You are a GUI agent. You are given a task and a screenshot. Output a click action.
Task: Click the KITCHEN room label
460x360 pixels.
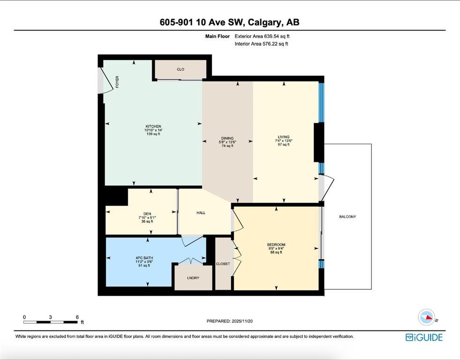tap(153, 127)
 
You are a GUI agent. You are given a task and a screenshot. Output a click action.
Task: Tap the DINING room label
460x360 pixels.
tap(227, 138)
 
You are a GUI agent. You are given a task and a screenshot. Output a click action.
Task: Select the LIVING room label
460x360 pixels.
tap(284, 137)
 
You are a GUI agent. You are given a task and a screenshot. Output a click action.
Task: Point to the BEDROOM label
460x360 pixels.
tap(276, 245)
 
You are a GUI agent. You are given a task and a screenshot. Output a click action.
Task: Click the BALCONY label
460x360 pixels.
tap(347, 217)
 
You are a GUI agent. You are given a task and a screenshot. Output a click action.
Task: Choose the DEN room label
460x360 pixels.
tap(147, 214)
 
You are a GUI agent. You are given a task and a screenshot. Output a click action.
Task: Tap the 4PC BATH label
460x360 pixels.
tap(144, 258)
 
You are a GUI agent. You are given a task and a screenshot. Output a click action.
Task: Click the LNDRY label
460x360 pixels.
tap(193, 278)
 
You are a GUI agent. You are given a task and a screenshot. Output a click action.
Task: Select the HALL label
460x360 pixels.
tap(201, 213)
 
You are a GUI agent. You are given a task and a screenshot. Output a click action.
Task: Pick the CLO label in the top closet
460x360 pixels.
tap(181, 69)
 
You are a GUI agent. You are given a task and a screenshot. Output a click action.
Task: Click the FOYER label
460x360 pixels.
tap(117, 82)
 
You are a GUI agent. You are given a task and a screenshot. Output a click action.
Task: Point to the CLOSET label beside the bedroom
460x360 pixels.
tap(223, 264)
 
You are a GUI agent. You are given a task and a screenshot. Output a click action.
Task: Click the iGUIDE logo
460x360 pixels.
tap(424, 337)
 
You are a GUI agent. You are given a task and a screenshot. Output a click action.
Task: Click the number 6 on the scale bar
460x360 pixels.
tap(77, 317)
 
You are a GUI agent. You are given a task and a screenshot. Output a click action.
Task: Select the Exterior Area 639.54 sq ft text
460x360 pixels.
tap(262, 37)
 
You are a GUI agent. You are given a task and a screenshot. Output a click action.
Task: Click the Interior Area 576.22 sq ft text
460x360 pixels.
tap(261, 44)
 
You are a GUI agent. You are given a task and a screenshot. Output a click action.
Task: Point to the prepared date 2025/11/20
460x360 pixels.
tap(242, 321)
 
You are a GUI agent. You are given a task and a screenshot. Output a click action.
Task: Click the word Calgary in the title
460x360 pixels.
tap(266, 22)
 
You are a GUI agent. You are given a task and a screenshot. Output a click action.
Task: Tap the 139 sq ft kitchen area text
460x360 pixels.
tap(153, 134)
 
